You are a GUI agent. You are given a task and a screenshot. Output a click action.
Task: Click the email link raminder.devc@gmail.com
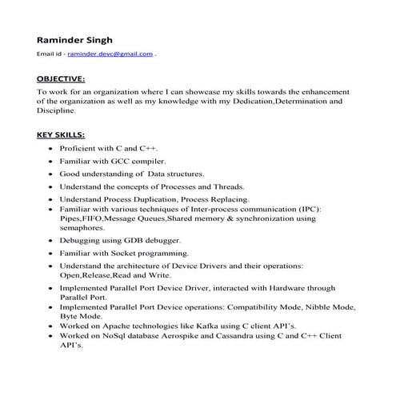click(110, 54)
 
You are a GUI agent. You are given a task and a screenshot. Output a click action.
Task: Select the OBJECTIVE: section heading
click(61, 79)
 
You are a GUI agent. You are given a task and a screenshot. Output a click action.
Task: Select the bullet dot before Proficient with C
click(52, 149)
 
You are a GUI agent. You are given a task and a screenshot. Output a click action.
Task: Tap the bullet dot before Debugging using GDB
click(52, 240)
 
